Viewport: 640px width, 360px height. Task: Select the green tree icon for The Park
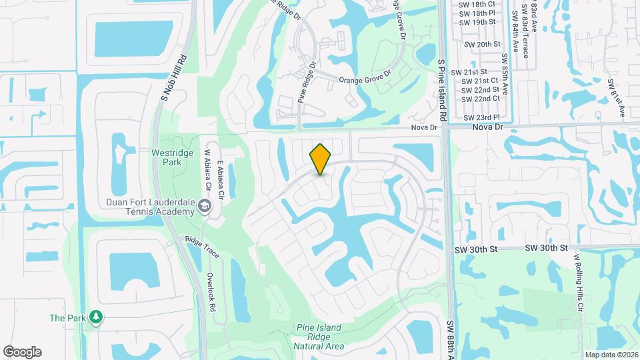(97, 317)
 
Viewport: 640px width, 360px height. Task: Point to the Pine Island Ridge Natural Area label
(319, 337)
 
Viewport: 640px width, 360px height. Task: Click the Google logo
(22, 352)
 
